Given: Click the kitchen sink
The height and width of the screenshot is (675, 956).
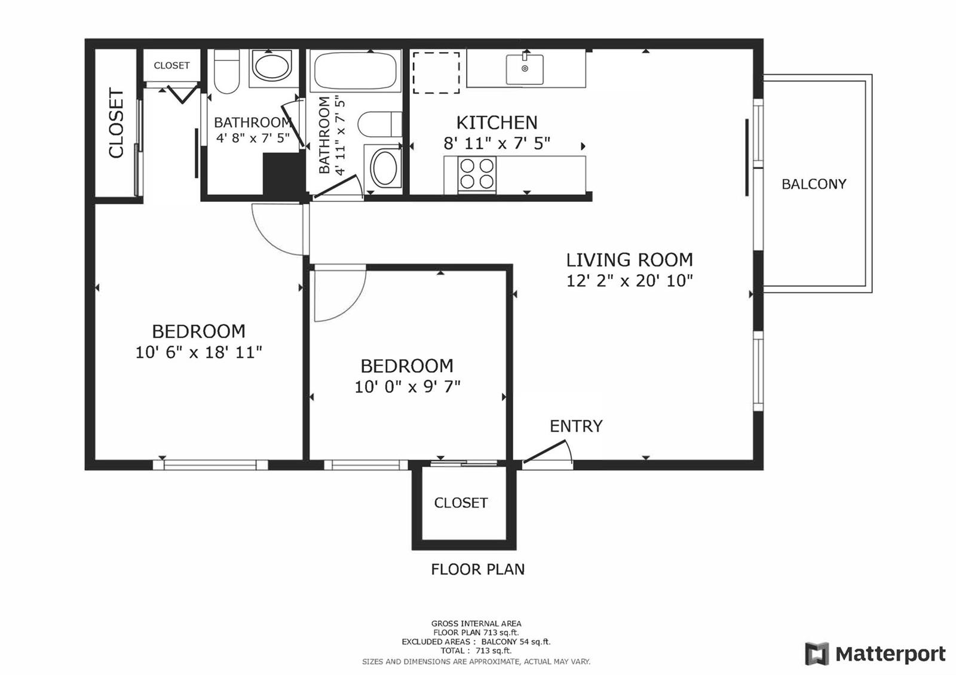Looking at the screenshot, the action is click(x=525, y=69).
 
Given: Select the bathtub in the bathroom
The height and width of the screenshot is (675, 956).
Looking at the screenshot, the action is click(x=356, y=70).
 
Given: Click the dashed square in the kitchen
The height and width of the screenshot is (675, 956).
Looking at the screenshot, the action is click(x=436, y=72).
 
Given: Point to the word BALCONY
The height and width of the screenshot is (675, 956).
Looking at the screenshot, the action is click(x=814, y=184).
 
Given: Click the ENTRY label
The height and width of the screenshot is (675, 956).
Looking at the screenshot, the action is click(x=576, y=426).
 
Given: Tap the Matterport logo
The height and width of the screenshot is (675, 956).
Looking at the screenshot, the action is click(x=875, y=653).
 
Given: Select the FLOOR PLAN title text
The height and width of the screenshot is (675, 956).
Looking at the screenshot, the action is click(x=477, y=569).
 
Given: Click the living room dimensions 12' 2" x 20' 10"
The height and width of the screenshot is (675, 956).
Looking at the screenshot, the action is click(x=630, y=281).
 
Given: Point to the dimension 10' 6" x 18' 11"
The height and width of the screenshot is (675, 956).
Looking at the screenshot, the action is click(x=198, y=352).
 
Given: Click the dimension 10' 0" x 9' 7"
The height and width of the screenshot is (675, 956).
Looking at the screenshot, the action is click(x=407, y=387).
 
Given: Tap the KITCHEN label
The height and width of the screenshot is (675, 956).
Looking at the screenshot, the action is click(x=497, y=123).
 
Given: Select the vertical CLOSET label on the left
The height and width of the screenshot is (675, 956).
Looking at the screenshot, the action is click(x=116, y=123).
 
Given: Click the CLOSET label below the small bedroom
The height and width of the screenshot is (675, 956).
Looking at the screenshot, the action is click(x=461, y=502).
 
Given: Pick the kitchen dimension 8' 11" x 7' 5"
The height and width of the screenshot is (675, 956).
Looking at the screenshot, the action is click(x=497, y=143).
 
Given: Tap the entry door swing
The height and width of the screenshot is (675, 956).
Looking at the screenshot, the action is click(x=548, y=452).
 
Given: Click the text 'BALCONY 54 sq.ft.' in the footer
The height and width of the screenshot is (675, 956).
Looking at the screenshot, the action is click(x=516, y=642).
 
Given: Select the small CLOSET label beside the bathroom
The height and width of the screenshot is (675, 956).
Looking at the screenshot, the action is click(x=171, y=65).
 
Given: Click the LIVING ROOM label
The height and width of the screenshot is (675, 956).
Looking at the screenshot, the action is click(x=630, y=260).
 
